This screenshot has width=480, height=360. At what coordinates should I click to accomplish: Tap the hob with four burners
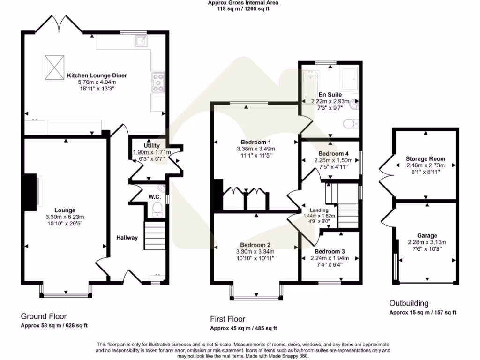tap(158, 82)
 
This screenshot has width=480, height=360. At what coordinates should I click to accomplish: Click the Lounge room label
tap(65, 210)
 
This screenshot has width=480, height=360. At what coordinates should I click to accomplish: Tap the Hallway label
tap(127, 238)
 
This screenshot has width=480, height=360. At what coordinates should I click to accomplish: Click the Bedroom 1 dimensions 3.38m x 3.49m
tap(256, 149)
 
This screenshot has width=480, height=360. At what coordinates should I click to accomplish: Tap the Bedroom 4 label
tap(333, 153)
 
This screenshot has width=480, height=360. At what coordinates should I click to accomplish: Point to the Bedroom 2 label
tap(255, 245)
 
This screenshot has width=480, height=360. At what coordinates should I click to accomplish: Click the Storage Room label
tap(426, 159)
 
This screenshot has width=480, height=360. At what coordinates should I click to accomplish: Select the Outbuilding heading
tap(409, 303)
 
